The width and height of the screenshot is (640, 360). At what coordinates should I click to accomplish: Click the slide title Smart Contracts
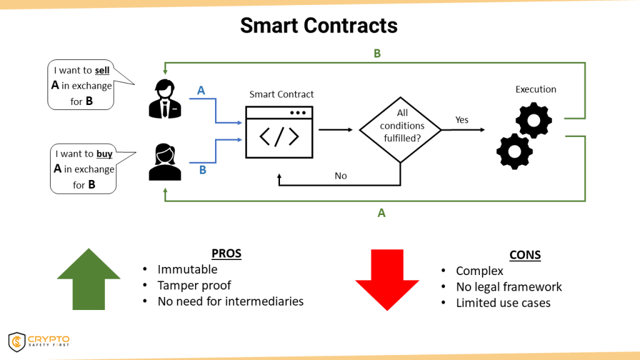319,25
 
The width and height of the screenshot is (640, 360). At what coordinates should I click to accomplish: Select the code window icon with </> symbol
279,132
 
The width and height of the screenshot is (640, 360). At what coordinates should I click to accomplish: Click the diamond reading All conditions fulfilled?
401,129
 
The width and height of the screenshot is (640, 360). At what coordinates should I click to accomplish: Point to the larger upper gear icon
533,121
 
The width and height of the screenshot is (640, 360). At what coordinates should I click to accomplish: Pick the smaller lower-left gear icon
514,151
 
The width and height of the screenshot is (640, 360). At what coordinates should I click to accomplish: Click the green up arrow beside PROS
89,279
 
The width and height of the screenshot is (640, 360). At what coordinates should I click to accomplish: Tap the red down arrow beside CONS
387,279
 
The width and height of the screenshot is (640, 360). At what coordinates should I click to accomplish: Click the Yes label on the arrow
462,119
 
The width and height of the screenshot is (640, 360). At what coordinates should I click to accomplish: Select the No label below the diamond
341,176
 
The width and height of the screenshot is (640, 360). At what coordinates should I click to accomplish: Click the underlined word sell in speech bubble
102,71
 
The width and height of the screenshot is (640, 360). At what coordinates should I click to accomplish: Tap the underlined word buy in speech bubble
104,154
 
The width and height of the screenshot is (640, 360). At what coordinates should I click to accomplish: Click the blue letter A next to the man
201,91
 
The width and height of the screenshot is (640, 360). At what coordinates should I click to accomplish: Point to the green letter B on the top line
377,54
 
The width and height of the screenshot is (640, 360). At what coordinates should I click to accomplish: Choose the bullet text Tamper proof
194,285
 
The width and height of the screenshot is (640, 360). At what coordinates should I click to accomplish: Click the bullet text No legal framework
509,287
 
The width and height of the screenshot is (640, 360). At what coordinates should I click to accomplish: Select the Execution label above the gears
536,89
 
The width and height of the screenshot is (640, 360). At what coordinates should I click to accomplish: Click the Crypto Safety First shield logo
17,342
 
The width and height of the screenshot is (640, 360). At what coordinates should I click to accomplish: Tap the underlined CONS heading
525,255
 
